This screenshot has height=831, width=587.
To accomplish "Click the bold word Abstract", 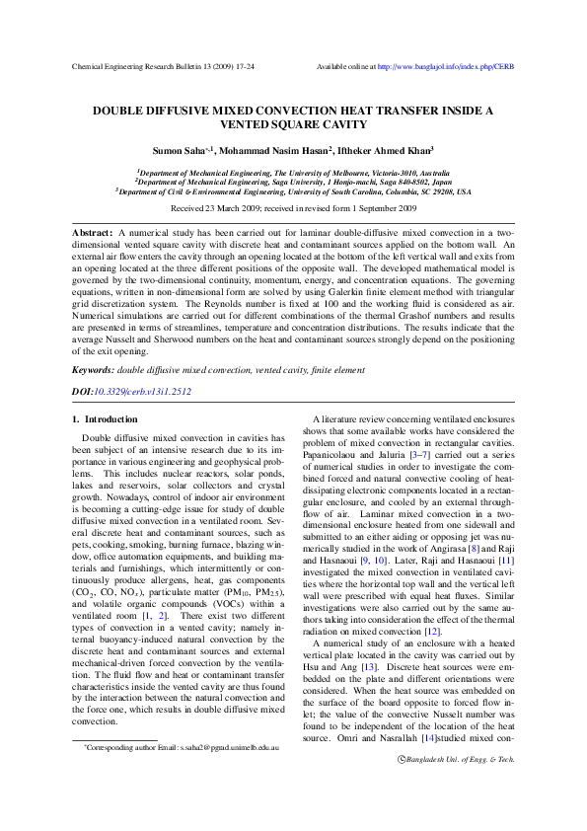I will click(92, 232).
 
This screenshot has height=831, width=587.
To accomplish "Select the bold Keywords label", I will click(92, 370).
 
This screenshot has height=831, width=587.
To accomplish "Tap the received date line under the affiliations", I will click(293, 209).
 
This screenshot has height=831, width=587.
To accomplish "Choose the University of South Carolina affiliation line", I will click(293, 192).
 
